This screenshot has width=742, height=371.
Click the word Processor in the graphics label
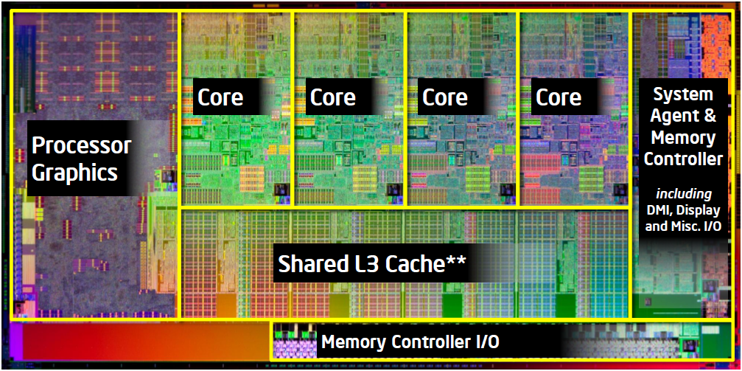click(82, 145)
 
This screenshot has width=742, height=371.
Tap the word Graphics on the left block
click(74, 173)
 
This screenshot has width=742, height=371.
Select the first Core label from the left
click(220, 97)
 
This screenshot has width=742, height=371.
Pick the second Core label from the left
click(333, 97)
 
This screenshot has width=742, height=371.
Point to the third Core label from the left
click(445, 97)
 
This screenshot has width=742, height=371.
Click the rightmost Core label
click(559, 97)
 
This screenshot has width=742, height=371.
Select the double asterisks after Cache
click(456, 260)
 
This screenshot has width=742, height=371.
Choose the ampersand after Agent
click(709, 116)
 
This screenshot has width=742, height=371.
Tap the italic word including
click(684, 194)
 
